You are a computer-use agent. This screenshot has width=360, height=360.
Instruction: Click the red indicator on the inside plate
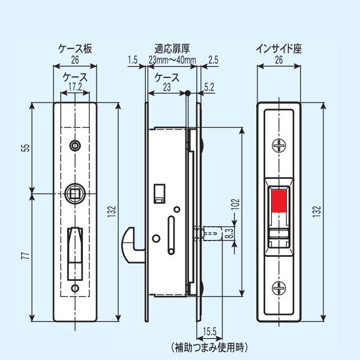[280, 201]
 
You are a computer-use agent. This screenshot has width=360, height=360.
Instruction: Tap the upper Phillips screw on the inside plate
[280, 146]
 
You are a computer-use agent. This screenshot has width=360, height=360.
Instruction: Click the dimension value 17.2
[75, 87]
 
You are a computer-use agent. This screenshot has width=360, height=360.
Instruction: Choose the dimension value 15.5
[209, 332]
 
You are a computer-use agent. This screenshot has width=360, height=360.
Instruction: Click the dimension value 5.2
[209, 87]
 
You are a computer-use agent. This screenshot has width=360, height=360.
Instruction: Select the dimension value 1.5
[133, 59]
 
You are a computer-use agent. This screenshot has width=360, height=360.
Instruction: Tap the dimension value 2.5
[213, 59]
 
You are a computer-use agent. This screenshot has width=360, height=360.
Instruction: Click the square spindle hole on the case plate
[75, 193]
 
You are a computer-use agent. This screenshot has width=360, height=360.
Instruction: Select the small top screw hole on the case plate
[75, 145]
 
